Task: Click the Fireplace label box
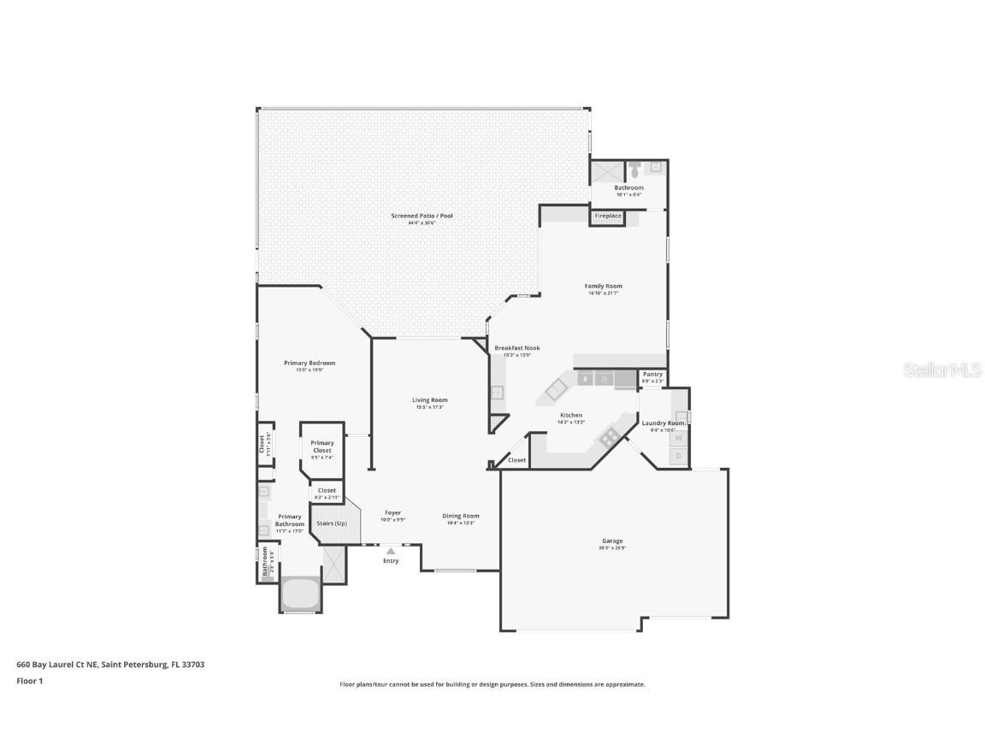608,216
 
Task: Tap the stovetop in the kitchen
609,437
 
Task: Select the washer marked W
679,438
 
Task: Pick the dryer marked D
679,457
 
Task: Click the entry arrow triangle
391,552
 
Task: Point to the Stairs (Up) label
331,523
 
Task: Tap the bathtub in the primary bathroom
299,592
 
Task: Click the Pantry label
652,374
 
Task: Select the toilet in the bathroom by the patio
634,168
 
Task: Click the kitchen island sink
557,390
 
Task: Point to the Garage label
611,541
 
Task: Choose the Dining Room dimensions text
460,523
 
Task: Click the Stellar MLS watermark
943,369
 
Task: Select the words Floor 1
29,681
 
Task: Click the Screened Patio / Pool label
422,216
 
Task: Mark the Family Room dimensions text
603,293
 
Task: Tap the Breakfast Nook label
516,348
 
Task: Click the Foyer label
392,513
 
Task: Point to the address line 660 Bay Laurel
110,664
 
